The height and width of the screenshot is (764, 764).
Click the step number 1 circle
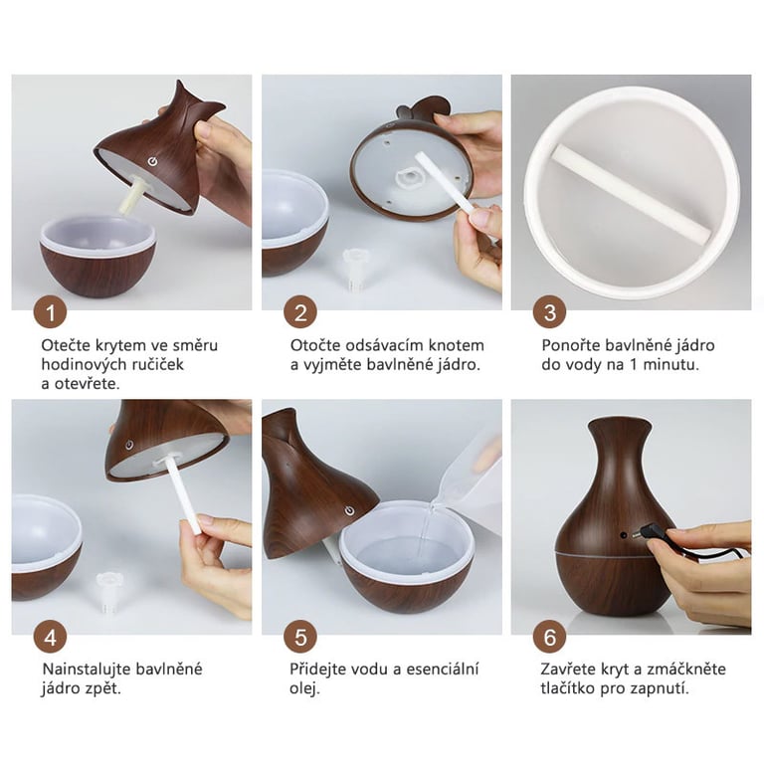50,311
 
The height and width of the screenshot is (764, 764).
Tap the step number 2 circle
300,311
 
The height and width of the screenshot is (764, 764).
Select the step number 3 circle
549,311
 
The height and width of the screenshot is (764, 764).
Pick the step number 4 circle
50,637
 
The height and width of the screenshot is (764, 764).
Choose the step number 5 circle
300,637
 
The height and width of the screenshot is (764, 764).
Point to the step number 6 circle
549,637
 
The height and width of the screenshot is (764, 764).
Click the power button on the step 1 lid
153,161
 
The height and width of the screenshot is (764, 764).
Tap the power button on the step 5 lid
349,510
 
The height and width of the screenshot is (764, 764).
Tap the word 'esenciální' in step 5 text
443,668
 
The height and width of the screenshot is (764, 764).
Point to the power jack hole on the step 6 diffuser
623,535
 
